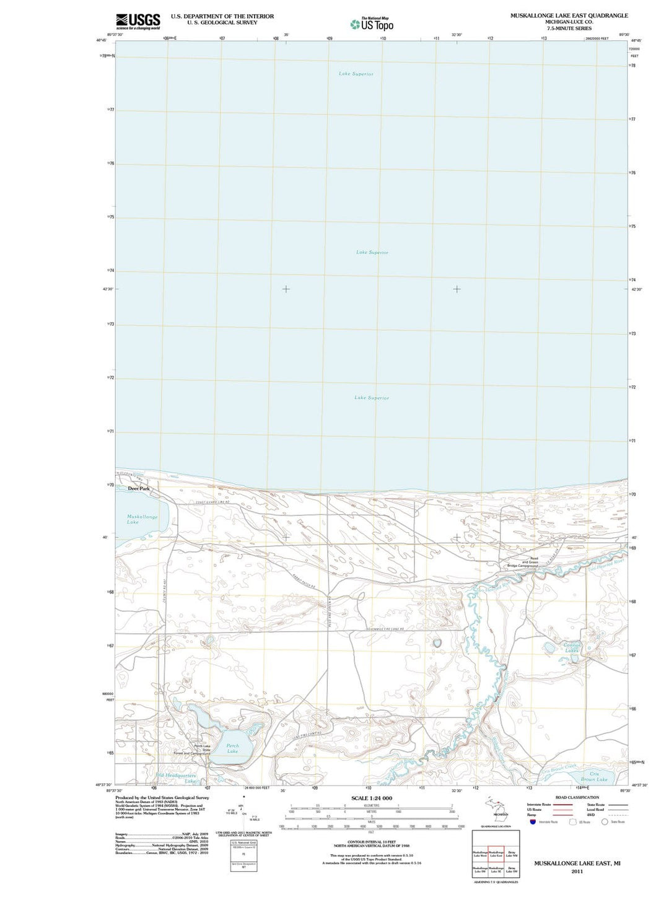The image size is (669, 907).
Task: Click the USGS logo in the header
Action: pos(138,21)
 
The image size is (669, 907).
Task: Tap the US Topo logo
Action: pos(372,24)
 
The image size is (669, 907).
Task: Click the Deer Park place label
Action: pos(139,488)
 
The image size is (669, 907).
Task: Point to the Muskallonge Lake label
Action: pos(142,519)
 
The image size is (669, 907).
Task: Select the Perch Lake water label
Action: pos(232,748)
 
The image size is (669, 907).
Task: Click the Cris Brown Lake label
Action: pos(594,776)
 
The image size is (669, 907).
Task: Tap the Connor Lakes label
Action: pos(572,648)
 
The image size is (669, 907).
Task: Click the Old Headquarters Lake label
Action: pos(177,778)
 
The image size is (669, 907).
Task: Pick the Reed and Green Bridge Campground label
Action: pos(522,562)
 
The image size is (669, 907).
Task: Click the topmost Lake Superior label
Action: pos(356,74)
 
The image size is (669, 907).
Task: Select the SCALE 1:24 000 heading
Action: pos(372,798)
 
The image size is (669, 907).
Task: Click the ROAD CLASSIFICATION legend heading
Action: pos(577,797)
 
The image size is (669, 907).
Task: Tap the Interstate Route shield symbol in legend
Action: pos(533,822)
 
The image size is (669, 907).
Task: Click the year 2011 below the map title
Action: pos(577,871)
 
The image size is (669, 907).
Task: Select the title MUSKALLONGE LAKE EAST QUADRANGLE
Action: pos(569,15)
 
